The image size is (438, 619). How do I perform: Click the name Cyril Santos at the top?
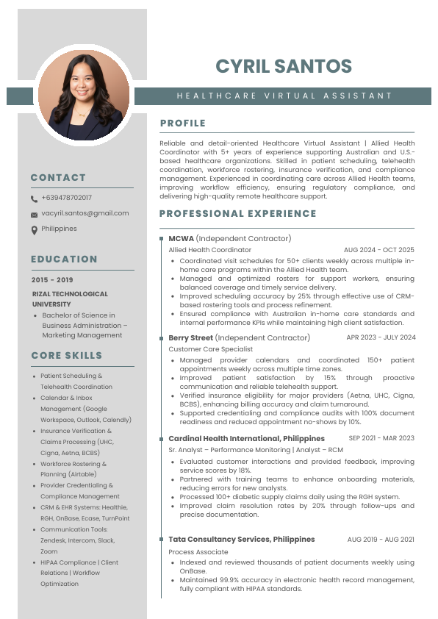(284, 66)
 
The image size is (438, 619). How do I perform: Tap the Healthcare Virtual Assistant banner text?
(284, 96)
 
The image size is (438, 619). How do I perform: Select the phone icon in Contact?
(34, 198)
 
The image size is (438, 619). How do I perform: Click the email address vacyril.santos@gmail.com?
(85, 213)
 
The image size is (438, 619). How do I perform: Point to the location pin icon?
(34, 229)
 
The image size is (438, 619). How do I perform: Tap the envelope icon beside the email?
(34, 215)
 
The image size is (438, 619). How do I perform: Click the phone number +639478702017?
(67, 198)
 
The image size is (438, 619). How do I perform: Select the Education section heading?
(64, 259)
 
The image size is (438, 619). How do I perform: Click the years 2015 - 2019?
(52, 280)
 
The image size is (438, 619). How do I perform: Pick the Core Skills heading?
(66, 355)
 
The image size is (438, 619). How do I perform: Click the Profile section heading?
(182, 123)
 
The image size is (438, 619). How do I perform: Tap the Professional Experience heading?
(237, 214)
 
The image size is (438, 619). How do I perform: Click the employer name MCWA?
(181, 238)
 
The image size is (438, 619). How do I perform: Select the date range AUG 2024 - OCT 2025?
(378, 250)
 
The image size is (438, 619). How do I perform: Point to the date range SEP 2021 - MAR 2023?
(381, 438)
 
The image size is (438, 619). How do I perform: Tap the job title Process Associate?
(198, 551)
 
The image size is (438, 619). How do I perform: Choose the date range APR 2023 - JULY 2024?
(381, 337)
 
